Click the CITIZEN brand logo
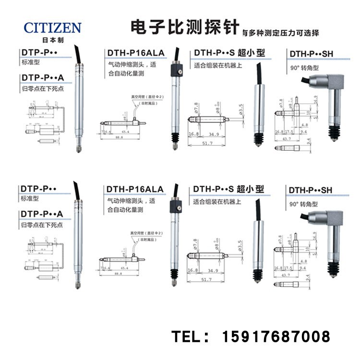(x=52, y=27)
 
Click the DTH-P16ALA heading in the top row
(x=135, y=52)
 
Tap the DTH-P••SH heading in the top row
(x=310, y=54)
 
